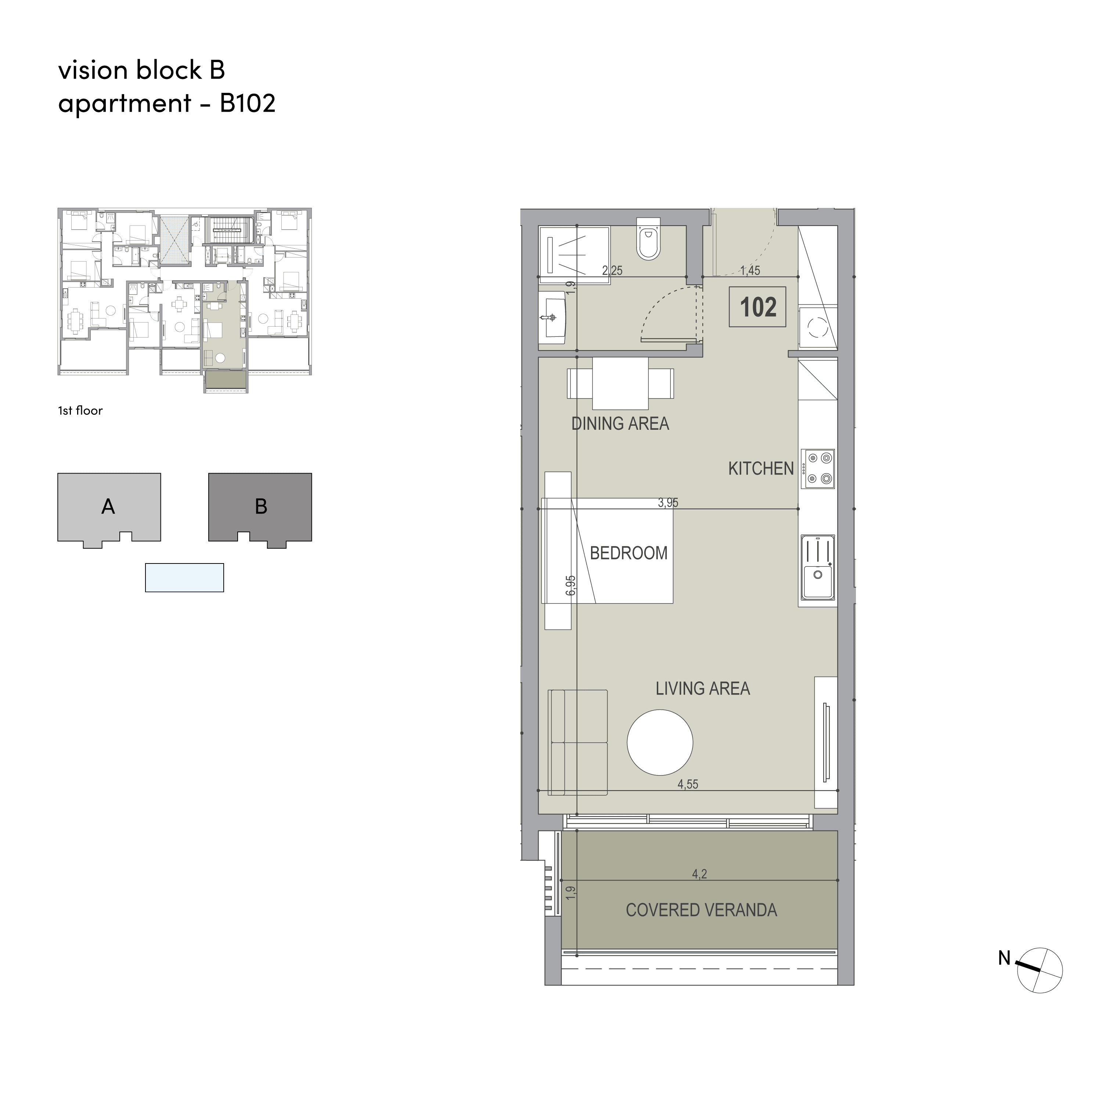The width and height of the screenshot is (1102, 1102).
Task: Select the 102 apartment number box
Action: tap(757, 307)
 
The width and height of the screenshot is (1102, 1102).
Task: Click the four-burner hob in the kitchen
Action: tap(818, 469)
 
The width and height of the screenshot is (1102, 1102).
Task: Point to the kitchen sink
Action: tap(818, 567)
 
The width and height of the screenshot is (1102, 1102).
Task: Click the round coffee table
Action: tap(660, 742)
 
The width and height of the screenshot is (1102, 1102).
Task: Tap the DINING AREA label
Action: tap(620, 424)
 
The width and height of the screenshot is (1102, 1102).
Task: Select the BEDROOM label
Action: tap(629, 553)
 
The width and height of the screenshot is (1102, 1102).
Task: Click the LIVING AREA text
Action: tap(703, 688)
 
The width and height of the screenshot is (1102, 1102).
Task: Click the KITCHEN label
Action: tap(761, 469)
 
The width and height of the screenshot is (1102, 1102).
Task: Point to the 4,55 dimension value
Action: tap(688, 784)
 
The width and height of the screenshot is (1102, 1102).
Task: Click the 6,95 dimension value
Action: tap(571, 586)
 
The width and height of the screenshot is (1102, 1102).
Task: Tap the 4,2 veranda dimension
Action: tap(700, 874)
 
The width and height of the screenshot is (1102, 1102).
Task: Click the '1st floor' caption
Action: tap(80, 411)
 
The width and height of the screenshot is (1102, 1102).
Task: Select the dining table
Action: tap(620, 383)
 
